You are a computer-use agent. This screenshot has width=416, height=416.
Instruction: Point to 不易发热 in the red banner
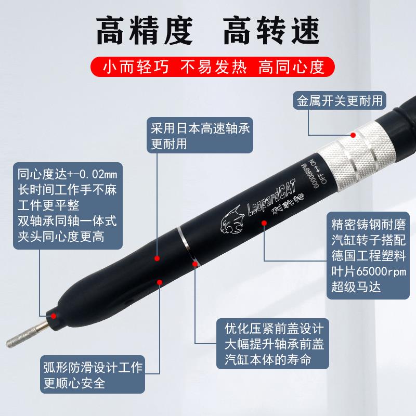tap(211, 67)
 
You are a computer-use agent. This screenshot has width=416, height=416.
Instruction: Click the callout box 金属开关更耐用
tap(339, 100)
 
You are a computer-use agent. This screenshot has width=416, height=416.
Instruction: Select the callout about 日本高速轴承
tap(200, 136)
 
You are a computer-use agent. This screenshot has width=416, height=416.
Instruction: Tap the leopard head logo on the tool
tap(232, 221)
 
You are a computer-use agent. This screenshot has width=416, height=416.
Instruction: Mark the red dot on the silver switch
tap(353, 135)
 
